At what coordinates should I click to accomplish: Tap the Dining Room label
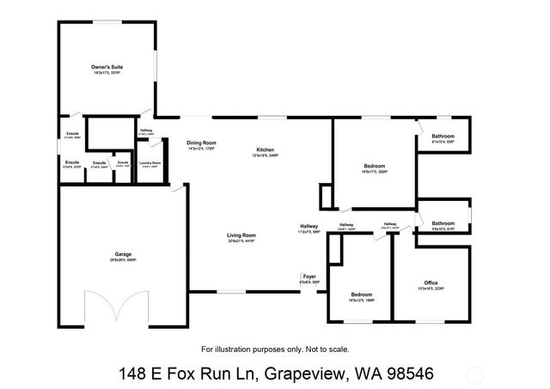tap(201, 143)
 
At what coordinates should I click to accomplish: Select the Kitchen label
tap(265, 150)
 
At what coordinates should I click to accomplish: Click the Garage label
tap(124, 255)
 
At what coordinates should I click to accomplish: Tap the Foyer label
tap(309, 277)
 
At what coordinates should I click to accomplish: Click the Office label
tap(431, 283)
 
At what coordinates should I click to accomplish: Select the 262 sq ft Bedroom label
tap(375, 166)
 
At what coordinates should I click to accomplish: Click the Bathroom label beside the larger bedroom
tap(443, 137)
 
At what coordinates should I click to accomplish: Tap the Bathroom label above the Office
tap(443, 224)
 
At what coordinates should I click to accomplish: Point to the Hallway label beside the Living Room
tap(309, 226)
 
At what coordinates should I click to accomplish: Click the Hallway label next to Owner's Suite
tap(146, 131)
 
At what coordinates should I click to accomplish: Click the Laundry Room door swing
tap(176, 191)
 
